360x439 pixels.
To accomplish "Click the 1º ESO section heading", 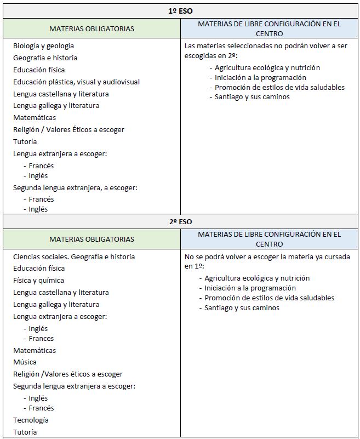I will point(180,10).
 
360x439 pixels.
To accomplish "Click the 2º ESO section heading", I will point(180,221).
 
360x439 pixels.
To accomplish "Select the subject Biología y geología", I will point(43,46).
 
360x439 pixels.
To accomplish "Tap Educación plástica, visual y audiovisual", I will point(76,82).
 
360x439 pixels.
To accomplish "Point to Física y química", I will point(38,280).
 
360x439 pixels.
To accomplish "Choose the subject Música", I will point(25,362).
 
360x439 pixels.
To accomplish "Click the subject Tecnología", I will point(31,420).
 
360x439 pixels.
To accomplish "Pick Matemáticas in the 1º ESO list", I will point(35,117).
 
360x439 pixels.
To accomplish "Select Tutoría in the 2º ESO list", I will point(25,432).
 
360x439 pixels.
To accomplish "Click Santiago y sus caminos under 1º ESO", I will point(252,97).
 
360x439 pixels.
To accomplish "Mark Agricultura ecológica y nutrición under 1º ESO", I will point(267,67).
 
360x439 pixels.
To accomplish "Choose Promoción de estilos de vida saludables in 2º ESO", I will point(269,298).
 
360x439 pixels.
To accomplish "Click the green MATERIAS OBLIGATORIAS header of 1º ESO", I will point(92,28).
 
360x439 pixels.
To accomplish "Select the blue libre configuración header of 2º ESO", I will point(269,239).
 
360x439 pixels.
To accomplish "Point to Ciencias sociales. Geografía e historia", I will point(74,256).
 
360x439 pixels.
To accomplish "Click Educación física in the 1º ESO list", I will point(39,70).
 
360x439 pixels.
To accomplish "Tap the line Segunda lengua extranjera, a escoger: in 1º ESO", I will point(75,187).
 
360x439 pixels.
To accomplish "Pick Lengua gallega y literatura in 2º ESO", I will point(56,304).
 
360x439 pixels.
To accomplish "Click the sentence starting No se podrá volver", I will point(267,261).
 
